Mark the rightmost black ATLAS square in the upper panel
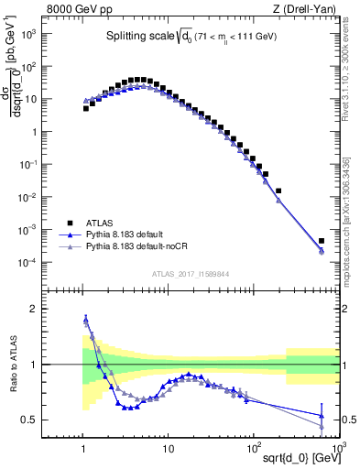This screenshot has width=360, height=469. point(322,242)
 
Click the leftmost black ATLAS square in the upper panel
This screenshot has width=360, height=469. point(86,108)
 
